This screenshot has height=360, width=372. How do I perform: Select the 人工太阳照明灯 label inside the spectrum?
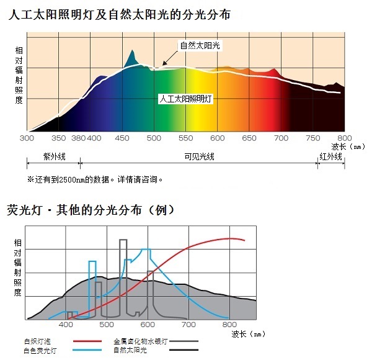coord(185,99)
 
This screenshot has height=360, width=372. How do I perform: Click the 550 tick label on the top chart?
coord(185,138)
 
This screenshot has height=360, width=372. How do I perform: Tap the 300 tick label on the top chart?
coord(27,138)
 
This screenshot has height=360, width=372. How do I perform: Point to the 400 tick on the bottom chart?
coord(66,325)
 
